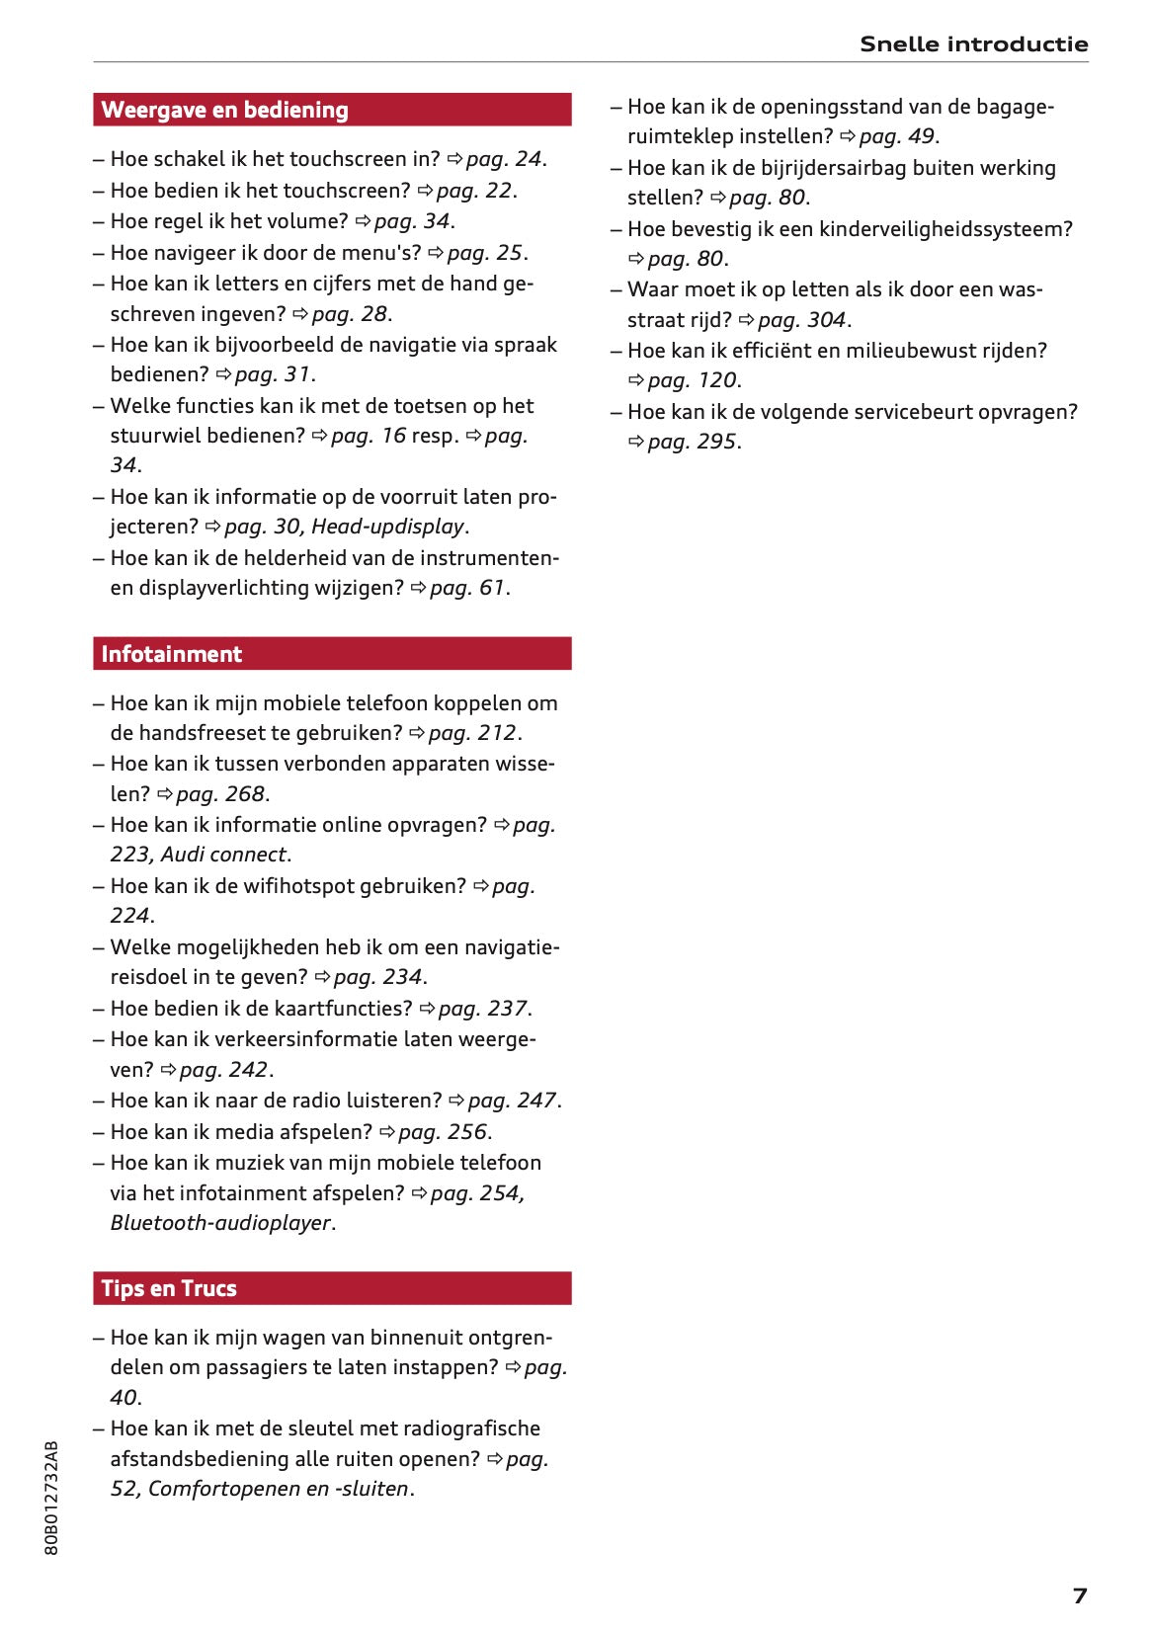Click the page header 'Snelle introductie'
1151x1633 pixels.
tap(973, 44)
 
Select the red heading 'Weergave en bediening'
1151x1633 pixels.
tap(224, 110)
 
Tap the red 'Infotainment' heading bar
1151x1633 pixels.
tap(171, 654)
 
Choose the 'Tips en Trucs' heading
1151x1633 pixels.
tap(169, 1288)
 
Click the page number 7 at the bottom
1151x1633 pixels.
tap(1079, 1595)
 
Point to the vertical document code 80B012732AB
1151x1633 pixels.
tap(51, 1498)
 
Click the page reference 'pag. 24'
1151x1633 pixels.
tap(504, 159)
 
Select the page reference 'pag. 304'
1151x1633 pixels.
tap(801, 320)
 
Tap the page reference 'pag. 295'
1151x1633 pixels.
tap(692, 442)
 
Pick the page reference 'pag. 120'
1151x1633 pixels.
tap(692, 380)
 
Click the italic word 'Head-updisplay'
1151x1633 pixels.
tap(387, 527)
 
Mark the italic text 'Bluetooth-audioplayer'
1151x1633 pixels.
tap(220, 1223)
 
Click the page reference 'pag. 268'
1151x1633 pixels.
tap(220, 794)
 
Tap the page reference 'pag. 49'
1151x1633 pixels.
tap(896, 136)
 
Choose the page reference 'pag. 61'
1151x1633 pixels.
tap(466, 588)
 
